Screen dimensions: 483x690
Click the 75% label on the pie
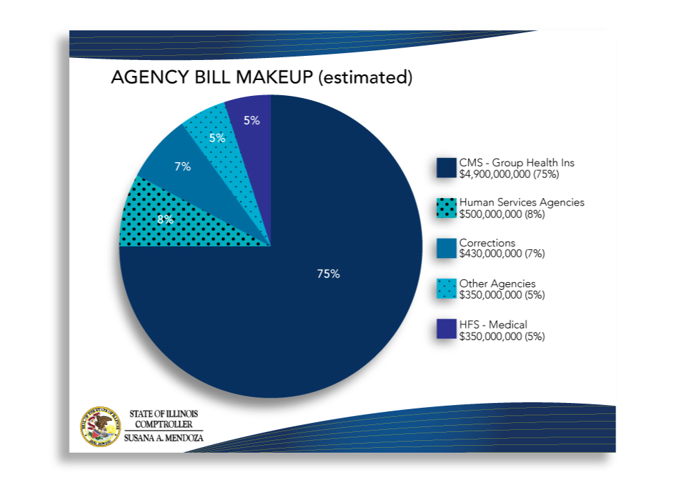(x=328, y=274)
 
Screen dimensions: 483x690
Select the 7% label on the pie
(x=183, y=166)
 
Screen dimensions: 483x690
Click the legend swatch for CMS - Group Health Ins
(x=446, y=168)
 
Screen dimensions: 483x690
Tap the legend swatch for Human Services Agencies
(x=446, y=208)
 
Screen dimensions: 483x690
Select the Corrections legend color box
(x=446, y=248)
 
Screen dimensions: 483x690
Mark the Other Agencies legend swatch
(x=446, y=289)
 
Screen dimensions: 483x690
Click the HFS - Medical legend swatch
(x=446, y=329)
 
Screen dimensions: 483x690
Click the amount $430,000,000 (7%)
(x=502, y=254)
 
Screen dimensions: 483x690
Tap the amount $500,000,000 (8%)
(x=502, y=214)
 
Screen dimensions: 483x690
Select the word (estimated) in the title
(x=365, y=77)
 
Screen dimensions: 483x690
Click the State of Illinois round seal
(x=101, y=426)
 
